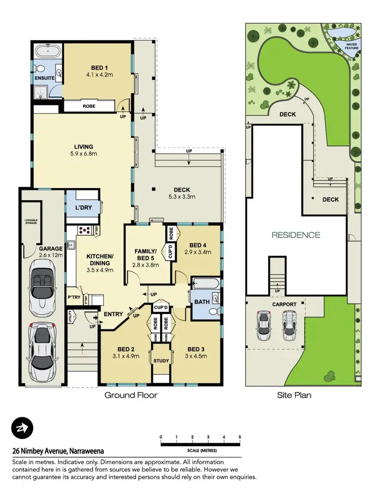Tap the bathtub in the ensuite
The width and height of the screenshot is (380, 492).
click(x=47, y=52)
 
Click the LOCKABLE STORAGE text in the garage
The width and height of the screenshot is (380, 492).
click(x=32, y=222)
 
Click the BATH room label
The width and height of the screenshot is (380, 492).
click(x=202, y=302)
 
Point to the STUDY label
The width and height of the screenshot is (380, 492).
click(x=161, y=361)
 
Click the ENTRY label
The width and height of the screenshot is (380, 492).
click(x=113, y=314)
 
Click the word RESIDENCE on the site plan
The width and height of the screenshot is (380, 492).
click(x=296, y=235)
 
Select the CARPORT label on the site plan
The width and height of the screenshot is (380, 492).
click(x=284, y=304)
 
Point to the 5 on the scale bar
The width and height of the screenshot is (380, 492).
click(x=240, y=437)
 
